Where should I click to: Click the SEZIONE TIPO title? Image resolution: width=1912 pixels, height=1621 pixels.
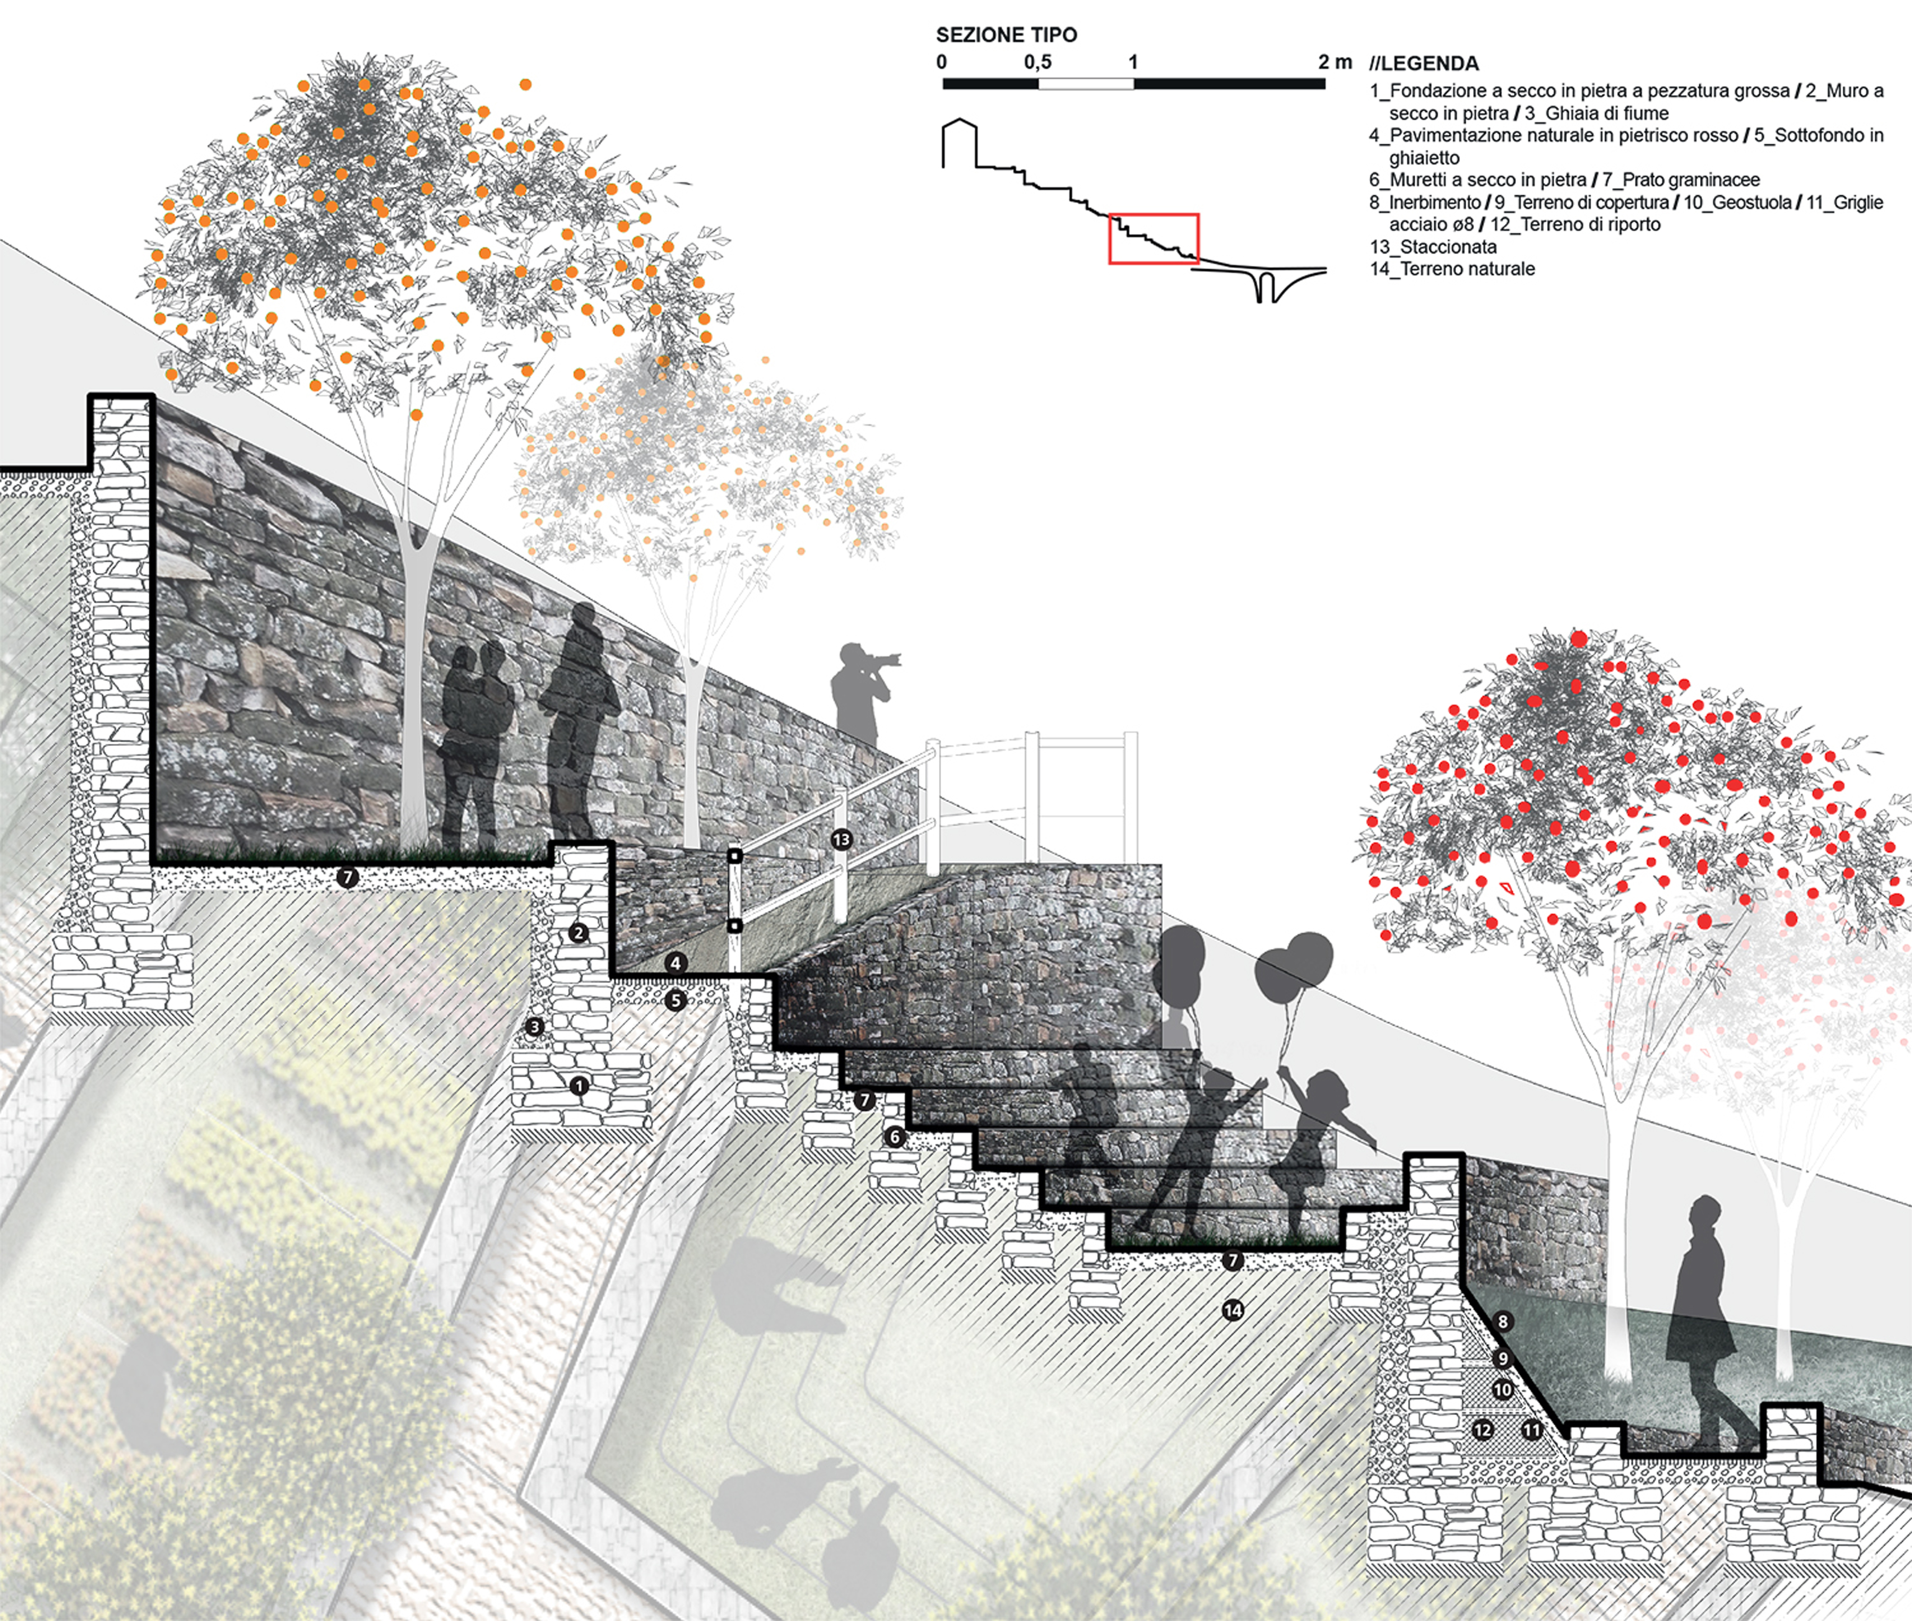coord(1006,35)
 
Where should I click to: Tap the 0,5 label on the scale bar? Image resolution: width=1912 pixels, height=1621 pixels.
coord(1037,62)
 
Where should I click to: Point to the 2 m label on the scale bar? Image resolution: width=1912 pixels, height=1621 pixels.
coord(1334,62)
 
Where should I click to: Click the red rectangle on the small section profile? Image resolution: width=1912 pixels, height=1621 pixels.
coord(1153,238)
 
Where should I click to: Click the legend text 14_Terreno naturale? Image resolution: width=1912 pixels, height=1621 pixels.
coord(1452,268)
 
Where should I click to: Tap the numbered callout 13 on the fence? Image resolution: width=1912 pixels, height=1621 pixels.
coord(841,839)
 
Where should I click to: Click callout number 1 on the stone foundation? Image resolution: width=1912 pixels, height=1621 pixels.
coord(579,1086)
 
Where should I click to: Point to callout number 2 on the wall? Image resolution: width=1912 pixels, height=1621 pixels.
coord(578,933)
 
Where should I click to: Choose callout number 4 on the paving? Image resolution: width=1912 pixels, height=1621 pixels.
coord(675,963)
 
